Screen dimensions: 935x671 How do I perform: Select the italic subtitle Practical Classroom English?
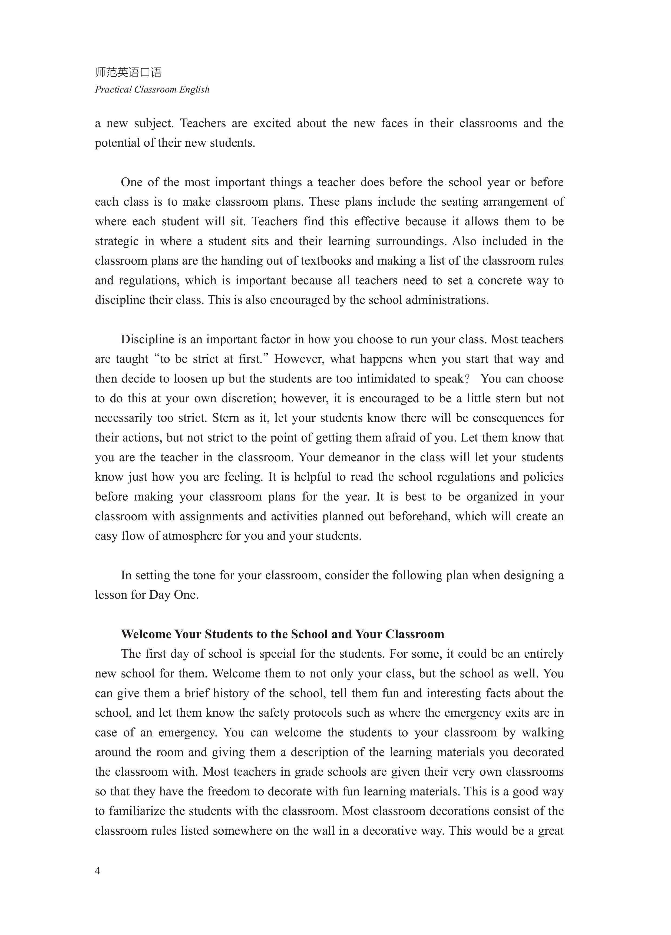pyautogui.click(x=152, y=90)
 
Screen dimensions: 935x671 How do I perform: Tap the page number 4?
pyautogui.click(x=98, y=871)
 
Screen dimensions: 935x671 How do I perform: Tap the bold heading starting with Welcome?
pyautogui.click(x=283, y=634)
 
